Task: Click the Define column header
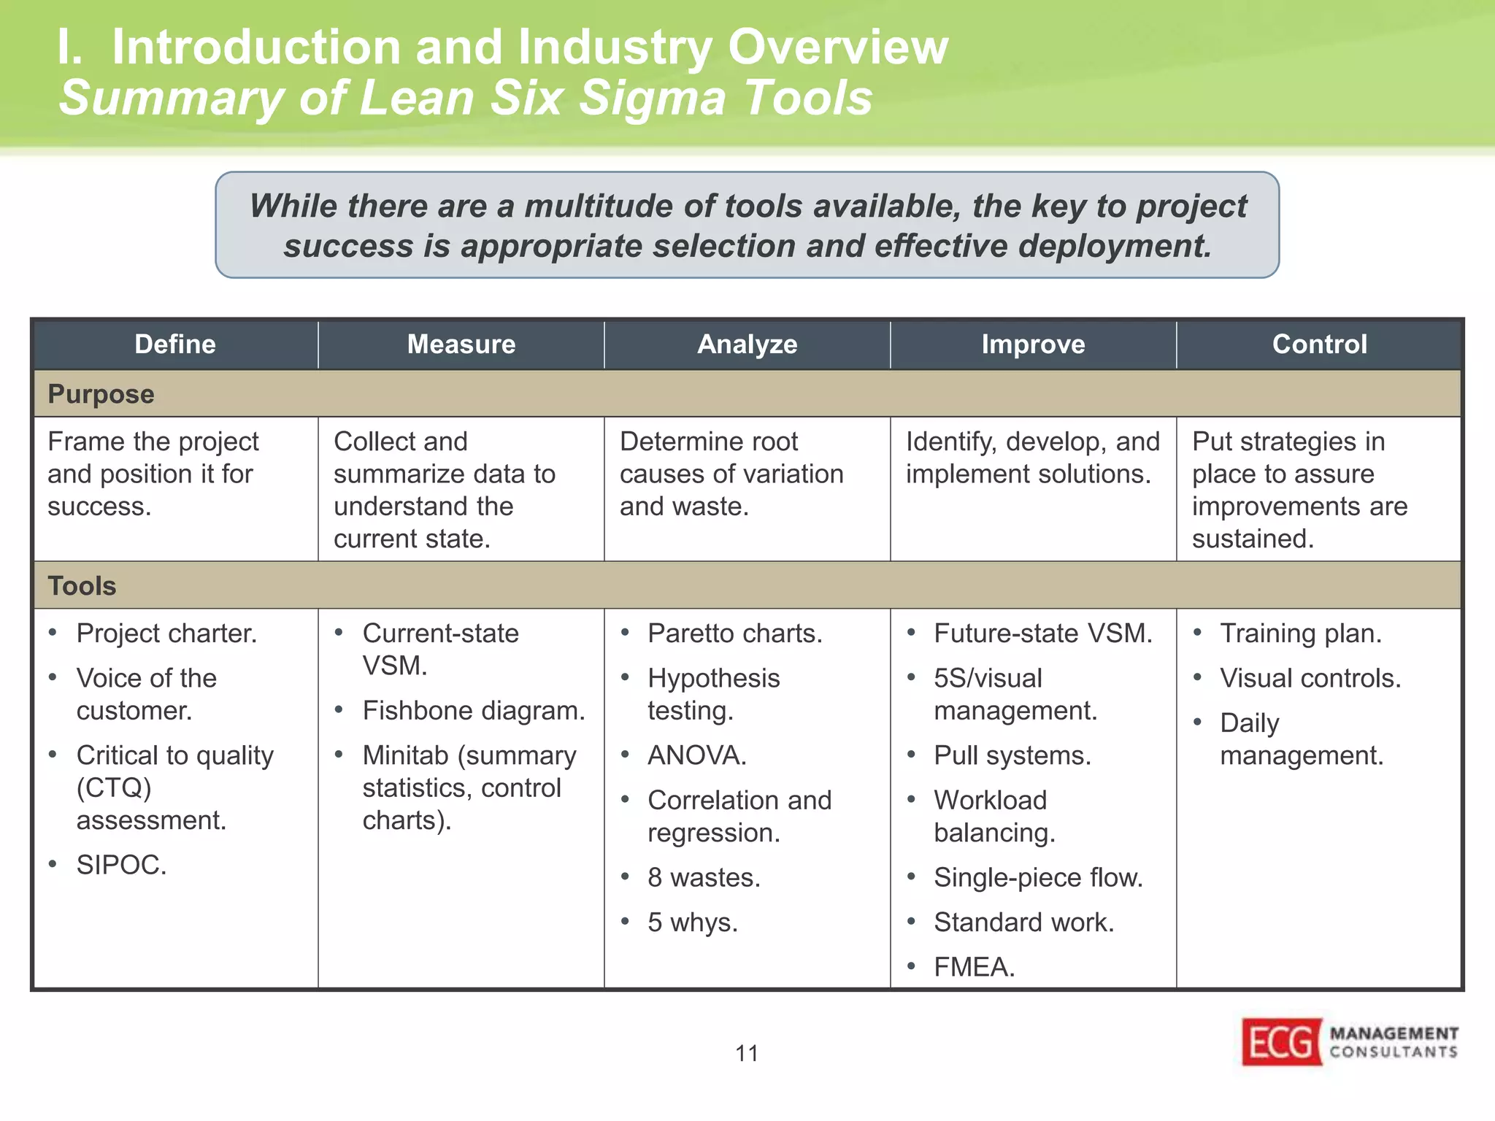[x=175, y=344]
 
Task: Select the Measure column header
[x=461, y=344]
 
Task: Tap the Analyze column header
[x=747, y=344]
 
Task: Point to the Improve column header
[x=1033, y=344]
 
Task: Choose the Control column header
[x=1319, y=344]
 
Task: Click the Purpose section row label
[x=101, y=394]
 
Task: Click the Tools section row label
[x=82, y=586]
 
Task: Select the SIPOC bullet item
[x=121, y=865]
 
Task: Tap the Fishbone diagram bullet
[x=473, y=711]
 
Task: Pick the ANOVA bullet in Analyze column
[x=696, y=755]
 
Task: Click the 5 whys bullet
[x=692, y=922]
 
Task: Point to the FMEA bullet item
[x=974, y=967]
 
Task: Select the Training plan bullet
[x=1300, y=633]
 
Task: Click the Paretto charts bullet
[x=734, y=633]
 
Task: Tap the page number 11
[x=747, y=1053]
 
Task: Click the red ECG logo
[x=1282, y=1042]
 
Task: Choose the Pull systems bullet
[x=1012, y=755]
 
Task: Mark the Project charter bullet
[x=166, y=633]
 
